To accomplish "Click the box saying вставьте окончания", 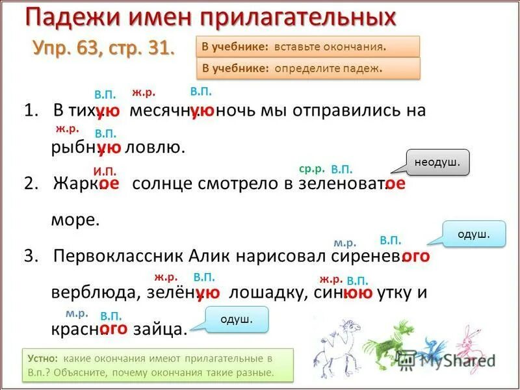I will coord(307,47).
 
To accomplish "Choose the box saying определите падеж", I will coord(307,68).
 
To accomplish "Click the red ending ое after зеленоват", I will coord(395,183).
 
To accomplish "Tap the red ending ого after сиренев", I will coord(416,256).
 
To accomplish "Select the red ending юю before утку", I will coord(357,292).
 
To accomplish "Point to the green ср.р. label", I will coord(311,168).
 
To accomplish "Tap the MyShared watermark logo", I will coord(445,358).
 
